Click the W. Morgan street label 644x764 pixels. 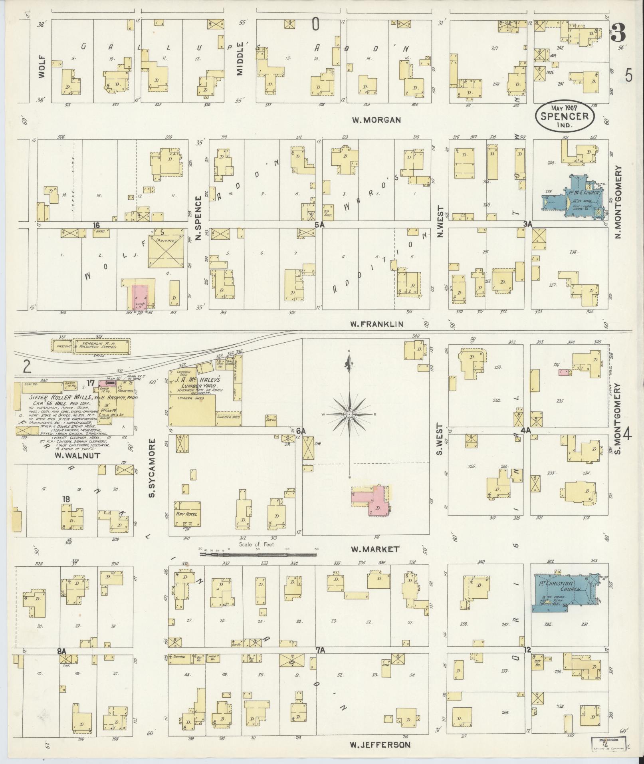coord(376,120)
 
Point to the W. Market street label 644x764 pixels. coord(375,549)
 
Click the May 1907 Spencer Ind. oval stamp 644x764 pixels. coord(565,116)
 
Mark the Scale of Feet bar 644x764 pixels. coord(258,554)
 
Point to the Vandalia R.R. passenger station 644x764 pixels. coord(102,346)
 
